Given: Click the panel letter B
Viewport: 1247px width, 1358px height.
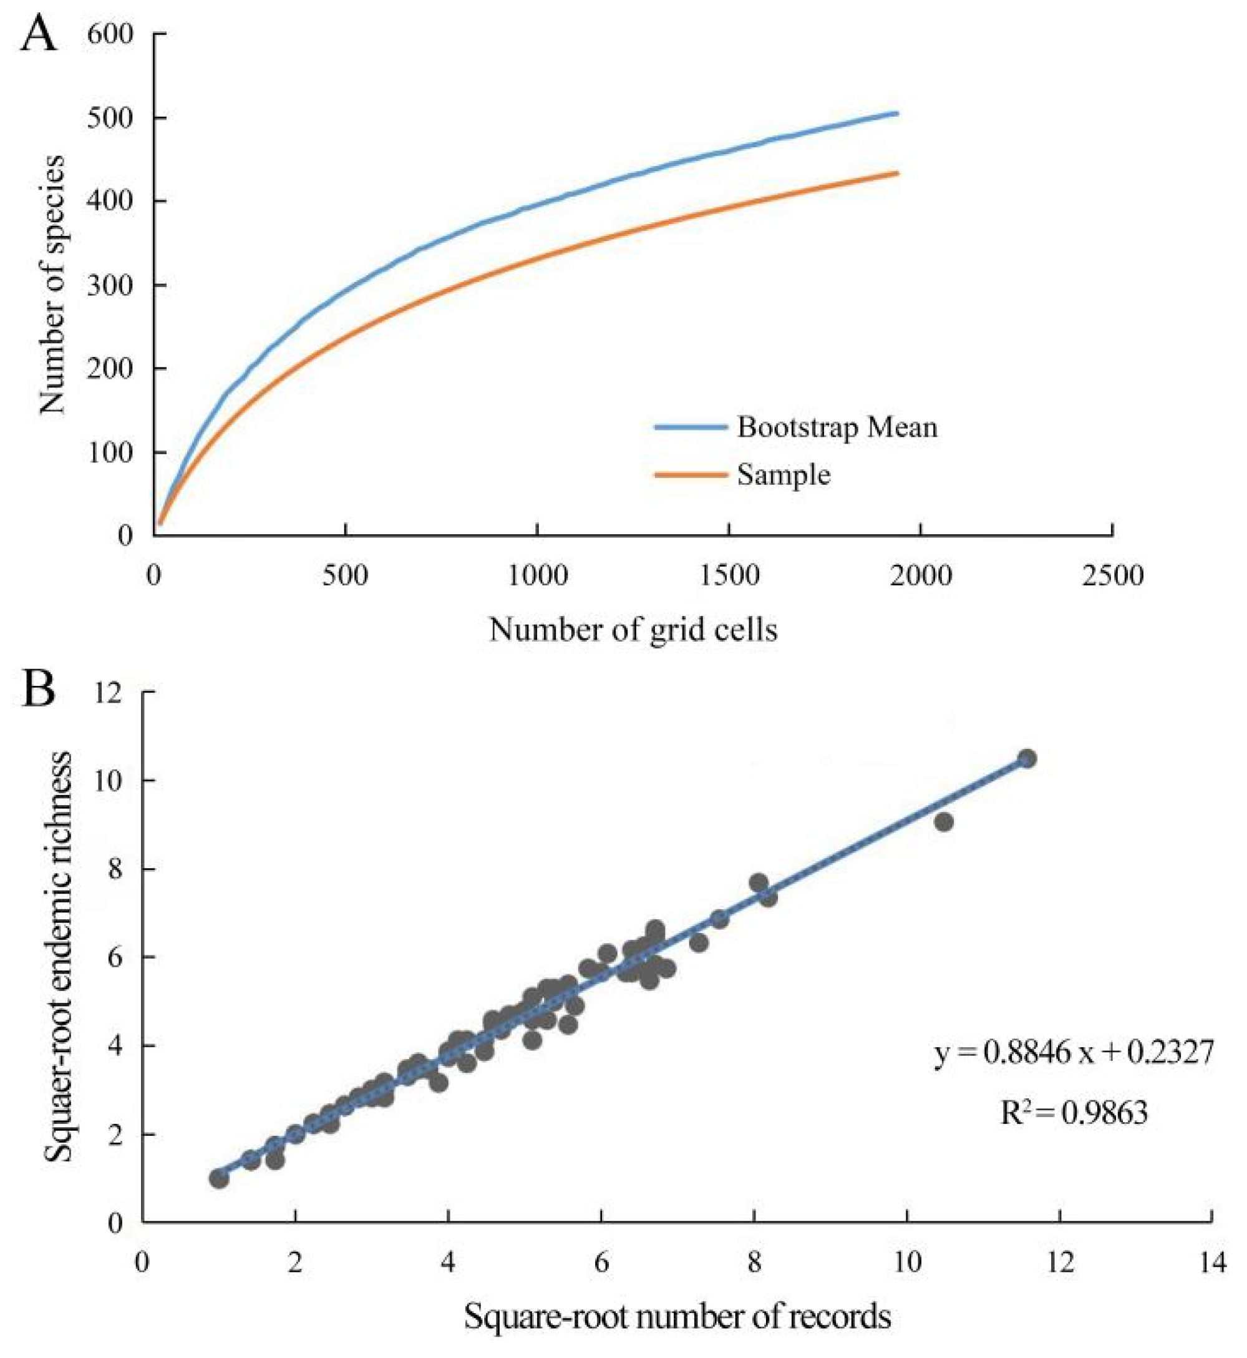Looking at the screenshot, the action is [39, 686].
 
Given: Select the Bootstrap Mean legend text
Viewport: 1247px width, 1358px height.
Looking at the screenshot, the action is [837, 427].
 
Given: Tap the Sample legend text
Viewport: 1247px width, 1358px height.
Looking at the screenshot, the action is [784, 475].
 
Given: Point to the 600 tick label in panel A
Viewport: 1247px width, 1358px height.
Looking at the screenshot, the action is [110, 34].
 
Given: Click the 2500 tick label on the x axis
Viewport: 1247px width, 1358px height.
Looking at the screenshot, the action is [1112, 576].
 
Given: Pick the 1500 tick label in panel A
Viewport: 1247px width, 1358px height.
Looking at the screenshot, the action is [729, 576].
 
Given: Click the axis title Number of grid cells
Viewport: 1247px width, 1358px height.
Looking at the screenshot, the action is [633, 630].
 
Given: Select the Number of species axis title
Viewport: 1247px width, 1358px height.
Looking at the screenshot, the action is [52, 284].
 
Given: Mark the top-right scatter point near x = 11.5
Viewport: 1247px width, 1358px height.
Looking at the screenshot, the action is [1027, 759].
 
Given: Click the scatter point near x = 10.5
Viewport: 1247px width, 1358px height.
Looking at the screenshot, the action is [944, 822].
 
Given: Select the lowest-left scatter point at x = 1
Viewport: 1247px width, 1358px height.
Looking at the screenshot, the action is [218, 1178].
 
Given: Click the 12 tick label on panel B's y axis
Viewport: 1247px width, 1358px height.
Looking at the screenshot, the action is [111, 693].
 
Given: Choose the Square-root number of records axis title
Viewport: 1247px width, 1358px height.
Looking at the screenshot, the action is [677, 1317].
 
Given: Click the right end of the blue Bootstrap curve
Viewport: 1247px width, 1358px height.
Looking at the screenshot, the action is [898, 113].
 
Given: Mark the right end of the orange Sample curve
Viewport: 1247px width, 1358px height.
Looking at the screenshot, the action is [898, 173].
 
